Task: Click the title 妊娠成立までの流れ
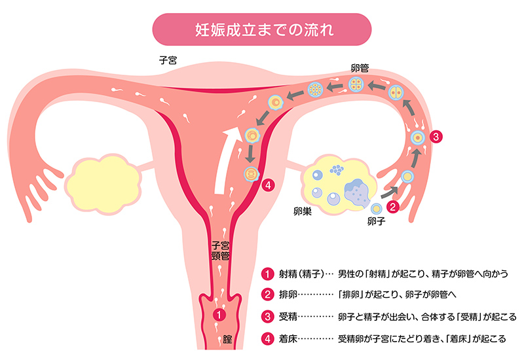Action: [261, 29]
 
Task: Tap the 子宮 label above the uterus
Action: [169, 59]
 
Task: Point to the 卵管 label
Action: [361, 67]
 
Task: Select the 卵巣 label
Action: [303, 213]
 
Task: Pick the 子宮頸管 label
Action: [220, 252]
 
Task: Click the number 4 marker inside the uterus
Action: [267, 185]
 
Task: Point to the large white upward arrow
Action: [226, 158]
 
